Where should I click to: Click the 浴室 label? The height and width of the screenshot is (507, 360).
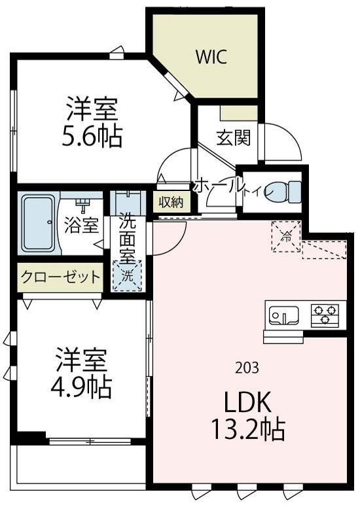[x=82, y=225]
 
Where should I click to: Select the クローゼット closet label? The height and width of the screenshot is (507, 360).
[x=61, y=277]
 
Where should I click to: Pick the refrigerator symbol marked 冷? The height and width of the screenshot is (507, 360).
[x=285, y=237]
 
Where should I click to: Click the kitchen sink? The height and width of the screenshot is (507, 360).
[x=283, y=315]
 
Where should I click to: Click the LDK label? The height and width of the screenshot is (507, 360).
[x=248, y=401]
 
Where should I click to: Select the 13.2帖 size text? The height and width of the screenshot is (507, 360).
[x=247, y=430]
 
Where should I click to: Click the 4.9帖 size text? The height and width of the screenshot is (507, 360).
[x=81, y=389]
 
